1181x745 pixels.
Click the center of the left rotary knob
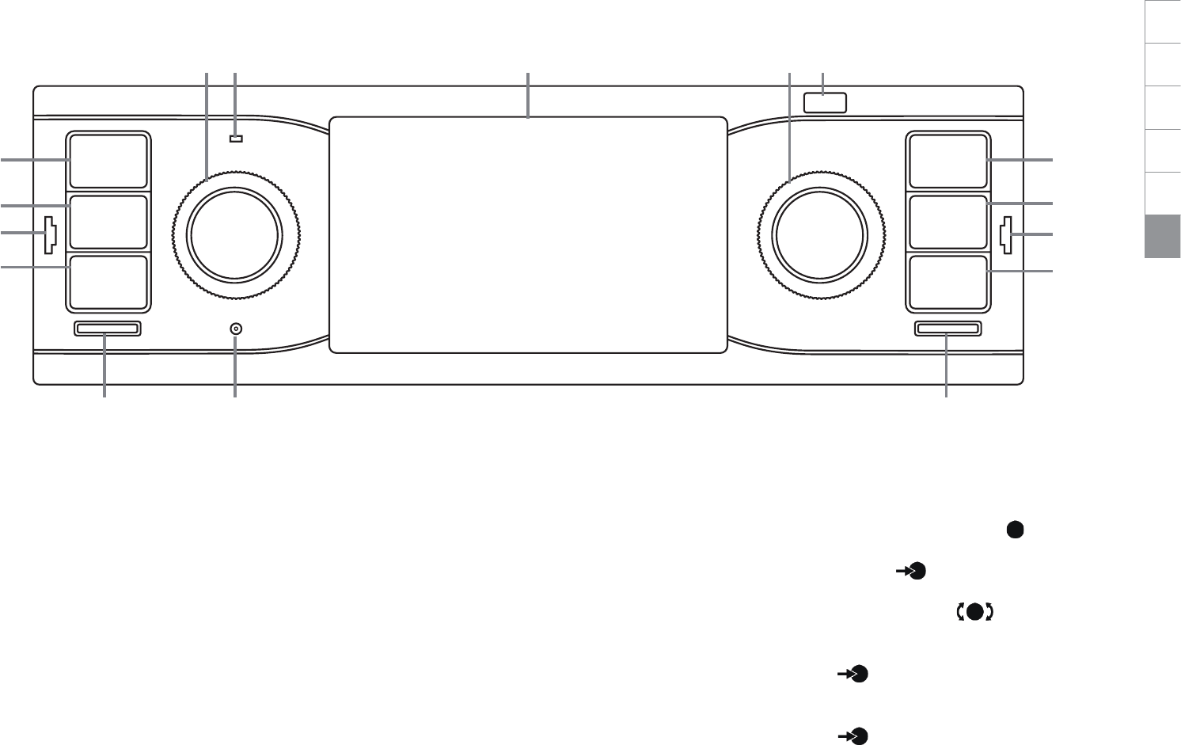pos(234,234)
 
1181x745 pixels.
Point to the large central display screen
pos(528,235)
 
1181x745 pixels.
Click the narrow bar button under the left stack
pos(107,329)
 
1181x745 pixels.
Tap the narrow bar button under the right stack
pos(947,329)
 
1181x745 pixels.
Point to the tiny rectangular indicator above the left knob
pos(235,140)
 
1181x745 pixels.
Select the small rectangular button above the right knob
pos(825,102)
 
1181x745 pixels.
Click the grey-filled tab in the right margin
pos(1162,237)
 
